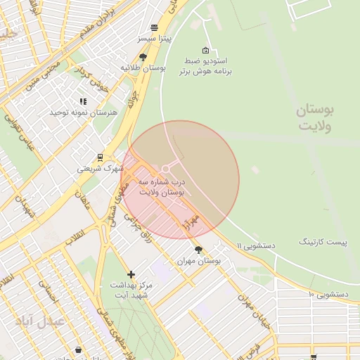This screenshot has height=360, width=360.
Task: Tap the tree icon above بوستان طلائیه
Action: (x=143, y=57)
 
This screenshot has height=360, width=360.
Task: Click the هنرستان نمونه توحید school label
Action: (x=77, y=112)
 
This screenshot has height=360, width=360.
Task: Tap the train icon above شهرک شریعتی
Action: (x=100, y=157)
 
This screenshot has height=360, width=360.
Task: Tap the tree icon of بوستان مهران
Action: (x=199, y=250)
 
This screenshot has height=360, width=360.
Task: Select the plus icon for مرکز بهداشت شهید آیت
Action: (x=131, y=274)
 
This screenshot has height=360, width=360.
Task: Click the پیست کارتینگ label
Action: (x=323, y=242)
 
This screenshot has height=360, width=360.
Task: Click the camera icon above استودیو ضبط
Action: (x=205, y=50)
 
